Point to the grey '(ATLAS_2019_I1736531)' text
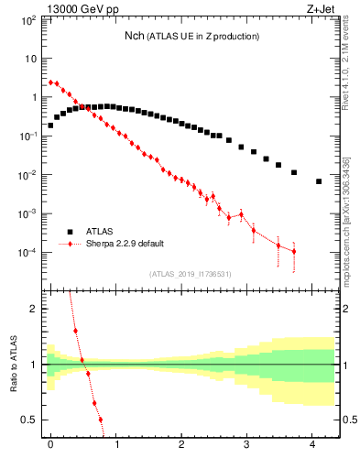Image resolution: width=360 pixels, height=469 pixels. coord(191,273)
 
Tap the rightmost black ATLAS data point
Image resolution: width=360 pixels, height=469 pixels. coord(319,181)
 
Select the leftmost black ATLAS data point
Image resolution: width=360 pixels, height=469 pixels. coord(50,125)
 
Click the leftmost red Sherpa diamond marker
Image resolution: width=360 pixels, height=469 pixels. coord(50,82)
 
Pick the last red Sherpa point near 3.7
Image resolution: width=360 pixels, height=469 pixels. coord(294,251)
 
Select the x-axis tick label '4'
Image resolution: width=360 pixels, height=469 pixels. coord(312,444)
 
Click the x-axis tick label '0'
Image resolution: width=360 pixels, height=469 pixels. coord(50,444)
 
